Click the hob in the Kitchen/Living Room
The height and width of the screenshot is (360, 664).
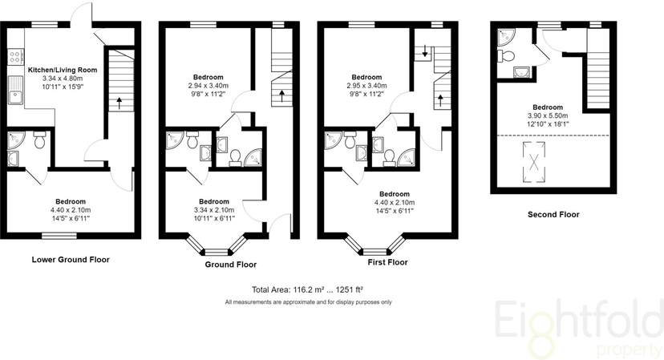[16, 57]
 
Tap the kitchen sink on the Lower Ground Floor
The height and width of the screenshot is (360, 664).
[16, 90]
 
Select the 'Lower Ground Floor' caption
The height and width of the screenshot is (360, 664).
[71, 260]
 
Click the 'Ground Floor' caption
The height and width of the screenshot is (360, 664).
[231, 265]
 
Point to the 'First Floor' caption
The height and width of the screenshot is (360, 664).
[387, 262]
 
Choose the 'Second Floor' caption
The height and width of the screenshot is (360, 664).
[553, 214]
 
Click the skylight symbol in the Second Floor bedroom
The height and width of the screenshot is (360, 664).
[534, 162]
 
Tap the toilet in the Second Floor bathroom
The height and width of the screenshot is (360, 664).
[506, 55]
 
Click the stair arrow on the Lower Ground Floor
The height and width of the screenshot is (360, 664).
[119, 103]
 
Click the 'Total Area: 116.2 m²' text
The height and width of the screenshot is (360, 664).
[288, 289]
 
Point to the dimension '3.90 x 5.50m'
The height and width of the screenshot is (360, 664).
[548, 115]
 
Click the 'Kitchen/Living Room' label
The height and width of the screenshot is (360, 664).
[63, 70]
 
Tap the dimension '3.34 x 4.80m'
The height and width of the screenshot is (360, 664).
[63, 79]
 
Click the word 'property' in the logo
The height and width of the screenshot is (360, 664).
[629, 350]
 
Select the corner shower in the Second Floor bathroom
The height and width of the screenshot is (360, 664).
[504, 36]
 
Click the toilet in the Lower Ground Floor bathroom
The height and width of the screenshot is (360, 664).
[39, 140]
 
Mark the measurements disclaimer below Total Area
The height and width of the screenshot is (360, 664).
[308, 302]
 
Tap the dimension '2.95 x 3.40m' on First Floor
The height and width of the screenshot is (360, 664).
[366, 86]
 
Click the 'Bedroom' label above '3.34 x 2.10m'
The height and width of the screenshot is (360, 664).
[214, 201]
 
